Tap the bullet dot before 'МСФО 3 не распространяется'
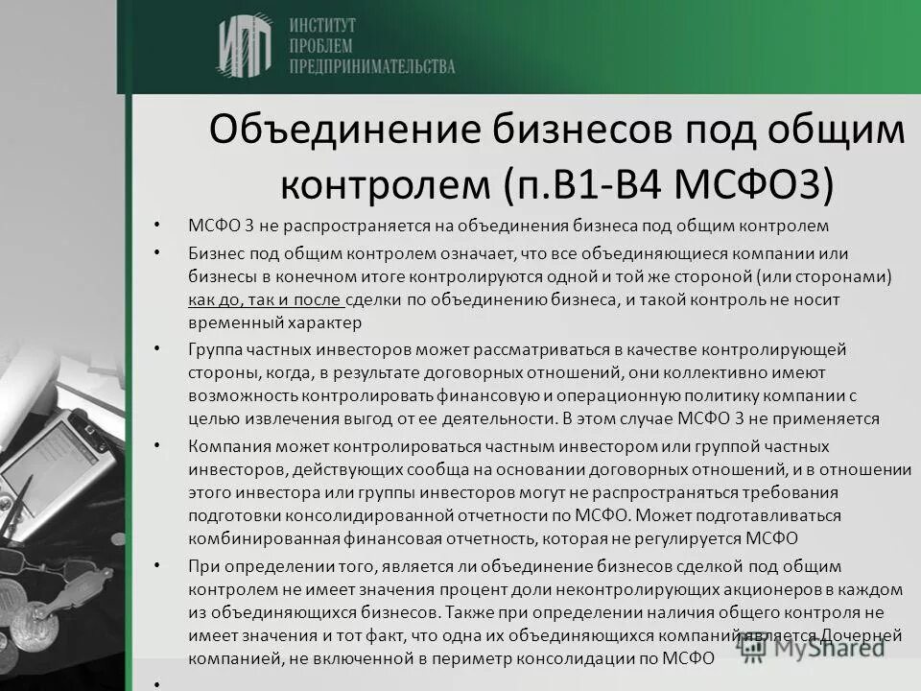(x=154, y=226)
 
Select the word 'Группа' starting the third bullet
(x=214, y=348)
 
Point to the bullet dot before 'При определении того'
(x=154, y=567)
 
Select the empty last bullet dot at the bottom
(x=154, y=682)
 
